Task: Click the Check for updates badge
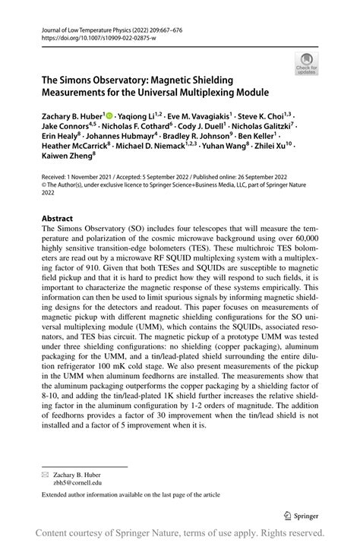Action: (308, 63)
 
